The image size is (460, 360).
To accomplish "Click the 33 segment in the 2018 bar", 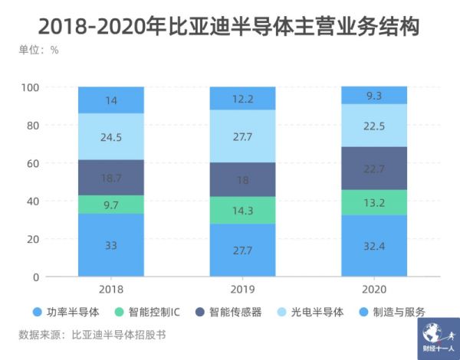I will pyautogui.click(x=110, y=245).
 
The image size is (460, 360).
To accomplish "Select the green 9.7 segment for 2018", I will pyautogui.click(x=110, y=205).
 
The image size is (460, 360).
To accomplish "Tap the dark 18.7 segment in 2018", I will pyautogui.click(x=110, y=177).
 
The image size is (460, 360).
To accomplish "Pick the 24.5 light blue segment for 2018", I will pyautogui.click(x=110, y=136).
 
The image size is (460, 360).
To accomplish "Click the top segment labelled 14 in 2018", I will pyautogui.click(x=110, y=100).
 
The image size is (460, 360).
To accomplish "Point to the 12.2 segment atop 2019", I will pyautogui.click(x=242, y=98).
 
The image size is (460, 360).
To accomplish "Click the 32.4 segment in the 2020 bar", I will pyautogui.click(x=374, y=246).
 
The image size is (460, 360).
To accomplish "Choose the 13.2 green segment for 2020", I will pyautogui.click(x=374, y=202).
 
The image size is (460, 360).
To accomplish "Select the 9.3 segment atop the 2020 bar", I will pyautogui.click(x=374, y=95).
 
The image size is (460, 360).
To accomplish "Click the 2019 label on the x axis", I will pyautogui.click(x=242, y=289).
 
